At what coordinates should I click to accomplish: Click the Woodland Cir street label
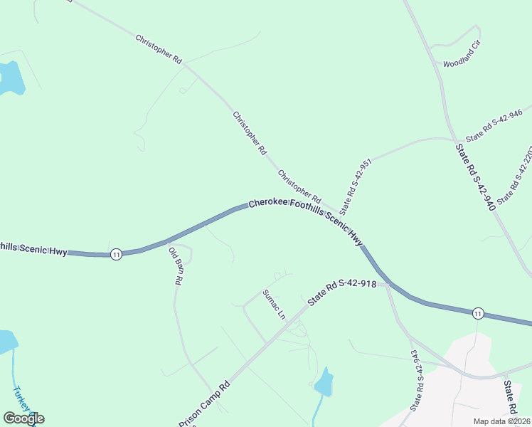pyautogui.click(x=462, y=63)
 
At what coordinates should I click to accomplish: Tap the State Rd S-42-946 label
pyautogui.click(x=494, y=125)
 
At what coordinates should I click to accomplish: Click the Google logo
pyautogui.click(x=23, y=418)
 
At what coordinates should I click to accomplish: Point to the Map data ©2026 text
pyautogui.click(x=502, y=421)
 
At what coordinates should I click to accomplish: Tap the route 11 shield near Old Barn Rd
pyautogui.click(x=116, y=254)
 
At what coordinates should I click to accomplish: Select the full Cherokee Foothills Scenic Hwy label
pyautogui.click(x=306, y=221)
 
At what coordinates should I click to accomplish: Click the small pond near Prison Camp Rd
pyautogui.click(x=324, y=383)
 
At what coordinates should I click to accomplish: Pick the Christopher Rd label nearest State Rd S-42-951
pyautogui.click(x=299, y=185)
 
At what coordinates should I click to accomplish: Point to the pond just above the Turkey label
pyautogui.click(x=6, y=341)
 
